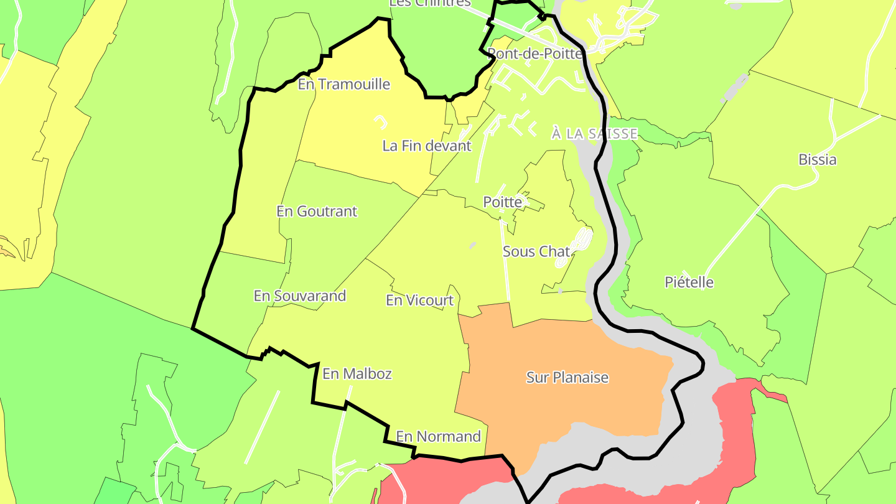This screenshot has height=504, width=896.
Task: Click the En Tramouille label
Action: pyautogui.click(x=343, y=84)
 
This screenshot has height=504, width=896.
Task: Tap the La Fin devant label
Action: pyautogui.click(x=427, y=146)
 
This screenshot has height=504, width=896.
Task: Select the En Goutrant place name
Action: pyautogui.click(x=317, y=212)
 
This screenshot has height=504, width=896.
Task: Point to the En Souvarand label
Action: pyautogui.click(x=299, y=296)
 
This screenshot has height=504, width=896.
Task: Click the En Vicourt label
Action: pyautogui.click(x=419, y=301)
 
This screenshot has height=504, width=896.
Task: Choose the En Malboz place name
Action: pyautogui.click(x=357, y=374)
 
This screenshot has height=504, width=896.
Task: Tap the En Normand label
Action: pyautogui.click(x=438, y=437)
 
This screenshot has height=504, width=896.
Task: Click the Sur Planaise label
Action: pyautogui.click(x=567, y=378)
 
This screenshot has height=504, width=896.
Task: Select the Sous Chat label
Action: pyautogui.click(x=536, y=252)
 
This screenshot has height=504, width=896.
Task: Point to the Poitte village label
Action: pyautogui.click(x=502, y=202)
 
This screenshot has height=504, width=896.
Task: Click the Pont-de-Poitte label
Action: pyautogui.click(x=535, y=54)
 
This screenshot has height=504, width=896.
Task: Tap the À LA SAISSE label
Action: pyautogui.click(x=594, y=134)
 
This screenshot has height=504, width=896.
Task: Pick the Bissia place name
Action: pyautogui.click(x=817, y=160)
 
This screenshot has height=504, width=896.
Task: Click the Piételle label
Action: pyautogui.click(x=689, y=282)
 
